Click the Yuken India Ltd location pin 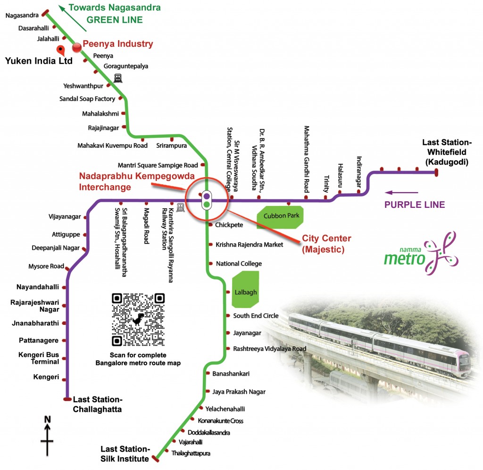[61, 50]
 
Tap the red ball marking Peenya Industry [77, 47]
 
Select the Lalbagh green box [245, 289]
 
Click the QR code [138, 319]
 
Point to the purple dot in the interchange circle [207, 196]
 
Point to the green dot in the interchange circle [207, 204]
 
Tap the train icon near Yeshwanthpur [117, 78]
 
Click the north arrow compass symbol [47, 436]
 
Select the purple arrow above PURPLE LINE [402, 193]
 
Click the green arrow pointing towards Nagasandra [73, 18]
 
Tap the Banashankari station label [231, 374]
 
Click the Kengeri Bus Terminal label [39, 358]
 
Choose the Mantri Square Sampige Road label [158, 165]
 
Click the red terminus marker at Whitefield [436, 172]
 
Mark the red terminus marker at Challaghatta [67, 399]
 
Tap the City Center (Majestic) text [326, 244]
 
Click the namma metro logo [421, 254]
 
